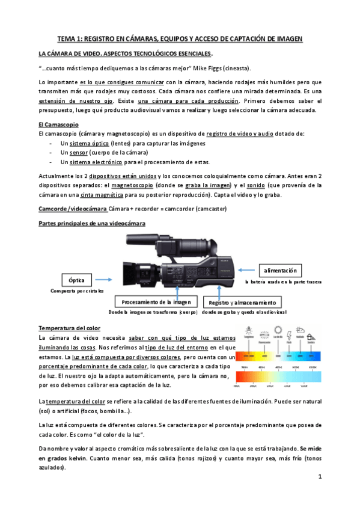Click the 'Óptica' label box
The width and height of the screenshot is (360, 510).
click(x=76, y=280)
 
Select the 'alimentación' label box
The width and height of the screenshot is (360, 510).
click(x=281, y=270)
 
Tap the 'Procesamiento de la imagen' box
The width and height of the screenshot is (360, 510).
click(x=156, y=301)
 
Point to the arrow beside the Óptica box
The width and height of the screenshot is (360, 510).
click(x=105, y=280)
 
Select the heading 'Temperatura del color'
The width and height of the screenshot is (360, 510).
click(x=69, y=328)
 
